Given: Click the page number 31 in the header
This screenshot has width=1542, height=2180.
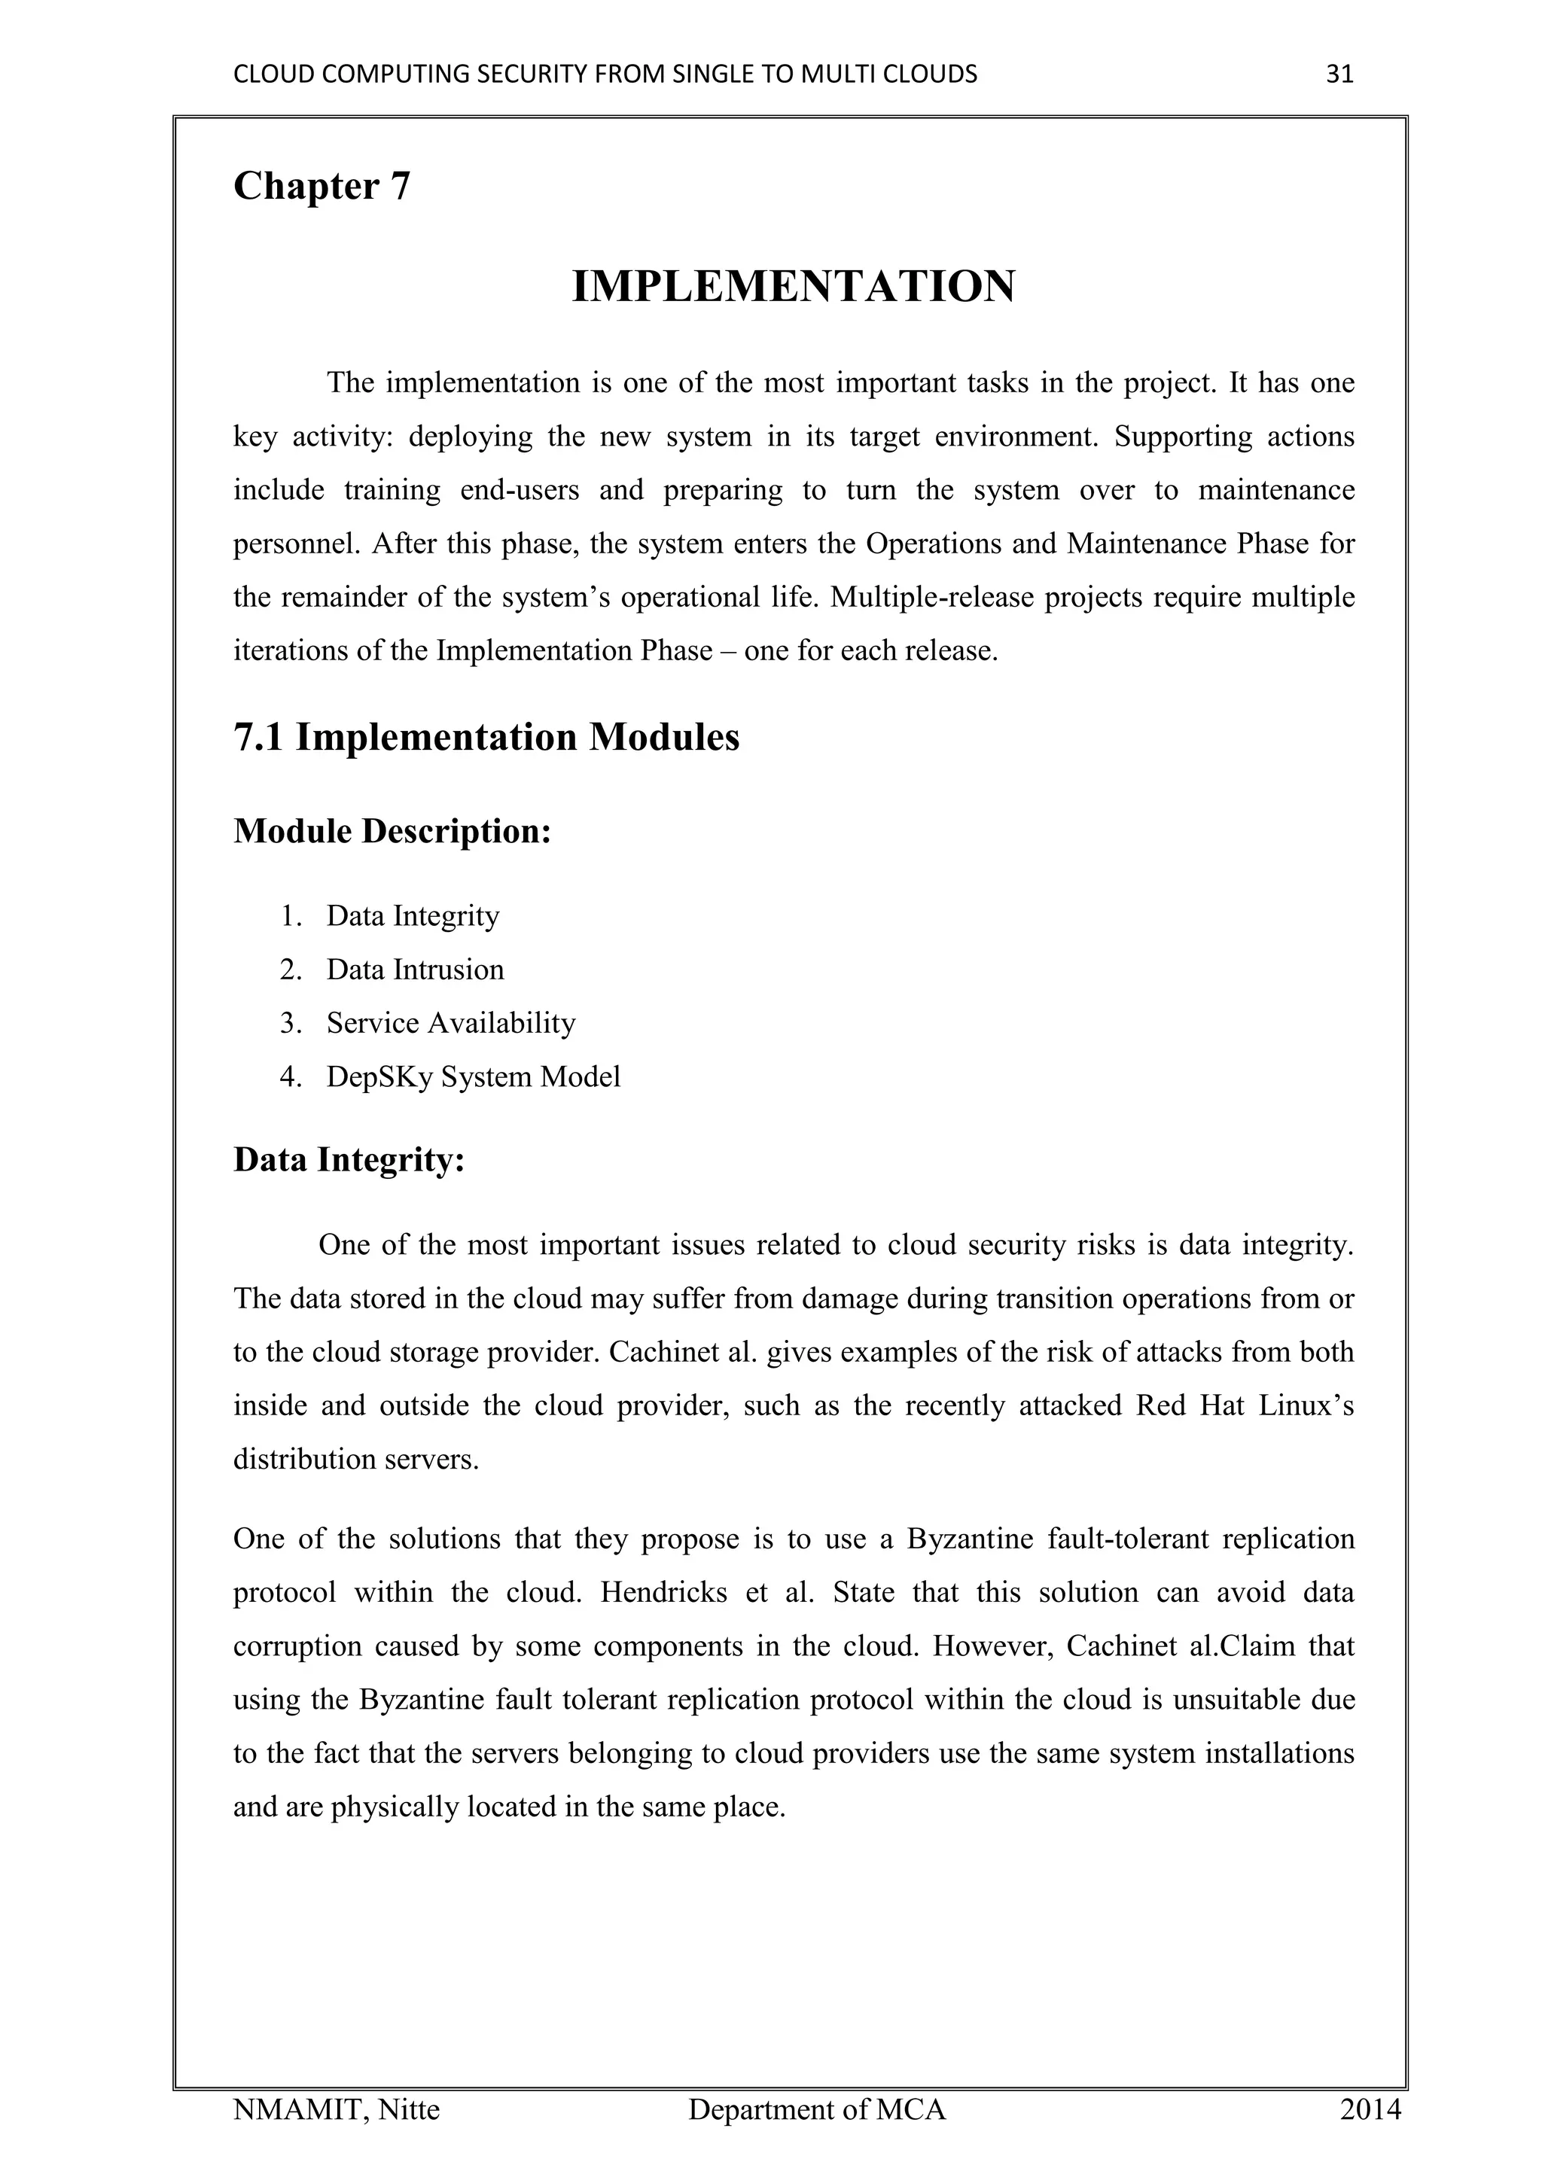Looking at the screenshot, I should [x=1339, y=74].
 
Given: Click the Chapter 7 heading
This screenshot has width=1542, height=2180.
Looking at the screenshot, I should [x=322, y=186].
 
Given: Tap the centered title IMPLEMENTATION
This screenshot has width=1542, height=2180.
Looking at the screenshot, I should [x=794, y=287].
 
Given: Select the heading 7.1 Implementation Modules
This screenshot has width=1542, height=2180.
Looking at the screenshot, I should [x=486, y=738].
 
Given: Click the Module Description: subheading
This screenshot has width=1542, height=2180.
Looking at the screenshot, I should [x=392, y=832].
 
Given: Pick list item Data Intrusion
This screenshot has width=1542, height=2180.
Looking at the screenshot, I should [x=415, y=970].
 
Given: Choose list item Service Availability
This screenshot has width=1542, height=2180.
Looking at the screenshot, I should [x=451, y=1024].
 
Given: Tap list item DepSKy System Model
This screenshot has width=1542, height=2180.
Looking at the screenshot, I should [x=473, y=1076].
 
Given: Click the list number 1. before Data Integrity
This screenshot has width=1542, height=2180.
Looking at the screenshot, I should [x=291, y=916].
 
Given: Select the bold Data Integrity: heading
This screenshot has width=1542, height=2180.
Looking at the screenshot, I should [x=349, y=1160].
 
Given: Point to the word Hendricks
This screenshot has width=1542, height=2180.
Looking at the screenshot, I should [x=663, y=1592].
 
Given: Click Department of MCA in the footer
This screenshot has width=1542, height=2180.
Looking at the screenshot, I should [x=817, y=2110].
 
